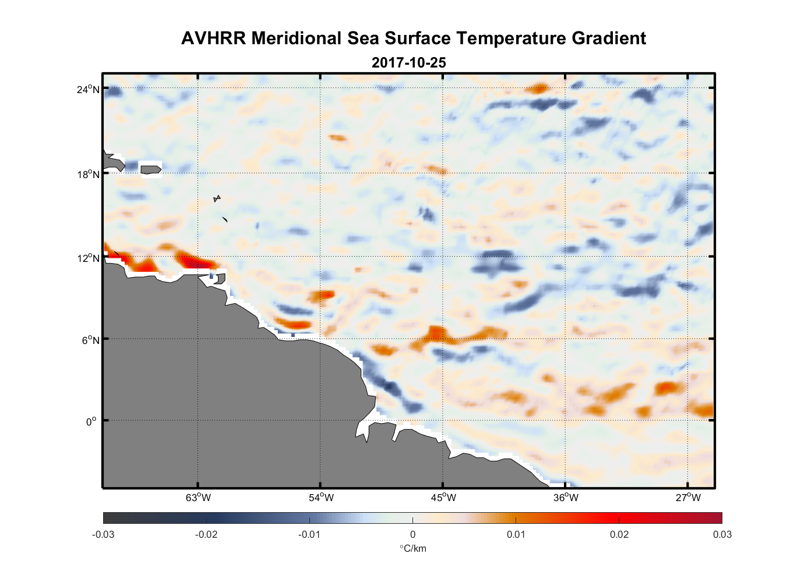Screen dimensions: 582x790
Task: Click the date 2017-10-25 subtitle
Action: tap(408, 62)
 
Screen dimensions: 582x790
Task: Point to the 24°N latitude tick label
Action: tap(89, 89)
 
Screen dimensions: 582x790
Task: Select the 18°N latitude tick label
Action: tap(89, 173)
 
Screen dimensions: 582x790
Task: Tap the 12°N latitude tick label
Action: tap(89, 258)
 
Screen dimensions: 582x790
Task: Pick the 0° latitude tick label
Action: tap(91, 421)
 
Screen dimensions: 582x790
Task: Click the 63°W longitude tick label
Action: tap(198, 498)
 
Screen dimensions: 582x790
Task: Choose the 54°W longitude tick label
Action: tap(321, 498)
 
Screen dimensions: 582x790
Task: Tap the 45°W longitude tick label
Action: tap(443, 498)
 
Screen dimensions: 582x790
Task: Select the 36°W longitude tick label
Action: tap(566, 498)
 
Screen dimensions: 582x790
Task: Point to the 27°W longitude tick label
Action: tap(688, 498)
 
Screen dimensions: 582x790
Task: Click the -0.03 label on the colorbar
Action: tap(103, 534)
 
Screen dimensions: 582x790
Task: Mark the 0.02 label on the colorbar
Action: tap(619, 534)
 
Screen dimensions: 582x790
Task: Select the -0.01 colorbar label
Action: tap(309, 534)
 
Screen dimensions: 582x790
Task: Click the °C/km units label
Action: tap(412, 548)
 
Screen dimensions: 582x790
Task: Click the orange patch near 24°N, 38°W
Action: tap(537, 89)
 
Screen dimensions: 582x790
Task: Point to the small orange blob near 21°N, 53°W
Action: tap(337, 138)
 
